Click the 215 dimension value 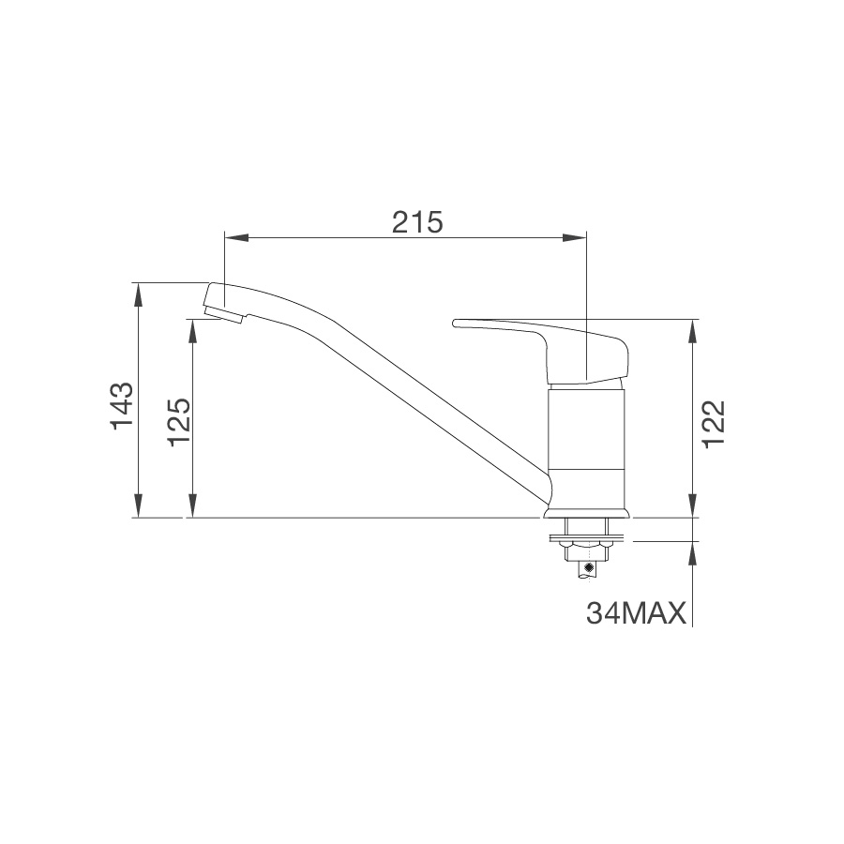click(x=417, y=222)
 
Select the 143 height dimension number click(x=122, y=406)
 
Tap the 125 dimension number click(x=178, y=419)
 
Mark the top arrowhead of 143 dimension click(x=139, y=292)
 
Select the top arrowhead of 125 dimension click(x=192, y=328)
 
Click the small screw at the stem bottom click(x=588, y=567)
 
